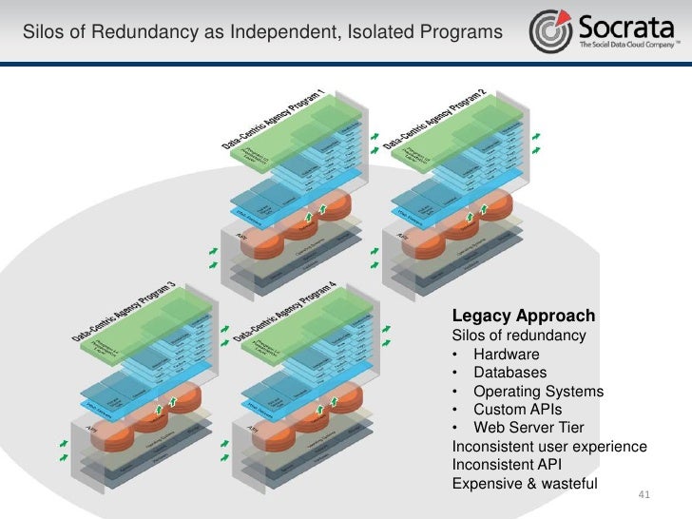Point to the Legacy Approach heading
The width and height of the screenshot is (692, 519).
click(x=523, y=316)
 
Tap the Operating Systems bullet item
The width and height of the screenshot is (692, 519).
click(x=537, y=392)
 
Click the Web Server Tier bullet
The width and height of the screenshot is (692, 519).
click(x=528, y=428)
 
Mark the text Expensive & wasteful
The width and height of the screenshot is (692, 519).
click(x=525, y=483)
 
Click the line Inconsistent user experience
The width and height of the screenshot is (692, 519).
click(x=549, y=447)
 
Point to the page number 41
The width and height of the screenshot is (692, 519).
click(x=644, y=495)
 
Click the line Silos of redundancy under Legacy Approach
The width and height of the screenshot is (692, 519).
click(x=519, y=336)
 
